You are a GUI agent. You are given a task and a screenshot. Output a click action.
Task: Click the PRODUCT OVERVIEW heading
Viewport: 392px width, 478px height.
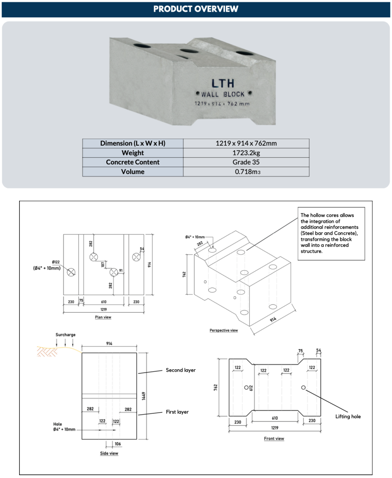point(196,9)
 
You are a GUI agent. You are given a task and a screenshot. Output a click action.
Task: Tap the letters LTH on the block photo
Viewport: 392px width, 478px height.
point(223,84)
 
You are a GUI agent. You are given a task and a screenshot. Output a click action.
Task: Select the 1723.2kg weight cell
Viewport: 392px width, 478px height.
point(246,153)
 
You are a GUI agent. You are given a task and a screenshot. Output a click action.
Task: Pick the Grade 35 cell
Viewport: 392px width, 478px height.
point(246,162)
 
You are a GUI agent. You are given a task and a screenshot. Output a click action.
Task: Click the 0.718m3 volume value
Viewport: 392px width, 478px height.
point(246,172)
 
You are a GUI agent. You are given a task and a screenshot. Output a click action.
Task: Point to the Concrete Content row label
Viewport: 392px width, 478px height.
point(133,162)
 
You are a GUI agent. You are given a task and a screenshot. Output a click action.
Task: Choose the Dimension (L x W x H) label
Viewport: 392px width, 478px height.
point(133,143)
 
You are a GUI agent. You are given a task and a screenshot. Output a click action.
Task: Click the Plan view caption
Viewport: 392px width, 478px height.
point(103,317)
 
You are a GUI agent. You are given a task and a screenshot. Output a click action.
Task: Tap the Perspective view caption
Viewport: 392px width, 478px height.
point(224,330)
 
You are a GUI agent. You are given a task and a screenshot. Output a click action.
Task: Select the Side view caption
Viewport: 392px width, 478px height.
point(109,453)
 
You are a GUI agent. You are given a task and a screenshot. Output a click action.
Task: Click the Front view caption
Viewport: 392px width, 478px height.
point(274,438)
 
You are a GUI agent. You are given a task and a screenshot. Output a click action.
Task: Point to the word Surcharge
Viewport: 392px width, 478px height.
point(65,335)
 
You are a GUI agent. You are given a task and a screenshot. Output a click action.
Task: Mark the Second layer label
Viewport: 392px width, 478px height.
point(181,370)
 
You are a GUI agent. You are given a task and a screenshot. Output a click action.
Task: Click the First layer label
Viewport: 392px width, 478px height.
point(177,412)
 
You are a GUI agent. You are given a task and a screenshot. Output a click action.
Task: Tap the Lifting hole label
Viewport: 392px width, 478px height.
point(348,416)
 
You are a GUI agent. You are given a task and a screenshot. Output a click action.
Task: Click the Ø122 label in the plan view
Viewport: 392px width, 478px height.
point(56,262)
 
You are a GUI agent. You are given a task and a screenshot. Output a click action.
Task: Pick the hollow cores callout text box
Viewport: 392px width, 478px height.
point(332,233)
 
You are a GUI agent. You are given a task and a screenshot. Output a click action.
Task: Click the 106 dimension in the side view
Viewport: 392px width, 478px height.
point(118,444)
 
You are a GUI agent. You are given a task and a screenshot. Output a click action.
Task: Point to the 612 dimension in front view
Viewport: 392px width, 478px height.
point(251,387)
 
